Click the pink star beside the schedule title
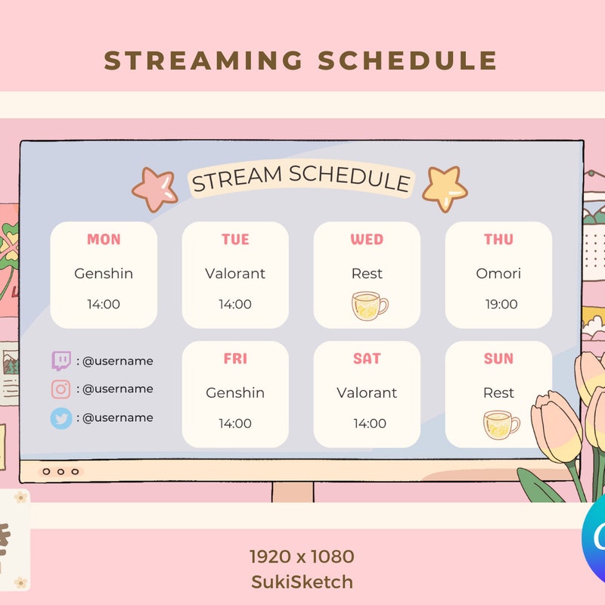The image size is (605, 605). (154, 189)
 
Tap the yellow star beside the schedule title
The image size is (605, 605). (444, 188)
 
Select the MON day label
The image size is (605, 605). (104, 240)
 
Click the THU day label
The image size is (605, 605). (498, 240)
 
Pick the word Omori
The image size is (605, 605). (498, 273)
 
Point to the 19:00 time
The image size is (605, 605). (501, 304)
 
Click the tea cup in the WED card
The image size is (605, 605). (369, 306)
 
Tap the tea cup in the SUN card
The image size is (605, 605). (501, 425)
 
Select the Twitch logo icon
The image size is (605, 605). (61, 361)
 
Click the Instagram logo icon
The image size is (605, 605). (61, 389)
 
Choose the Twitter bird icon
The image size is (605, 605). (61, 417)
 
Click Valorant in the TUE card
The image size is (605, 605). (235, 273)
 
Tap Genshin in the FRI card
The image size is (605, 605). (235, 392)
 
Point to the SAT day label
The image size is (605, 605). (367, 359)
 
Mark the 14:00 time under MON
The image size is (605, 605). (104, 304)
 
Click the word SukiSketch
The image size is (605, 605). (302, 582)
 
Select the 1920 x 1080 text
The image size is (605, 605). (302, 557)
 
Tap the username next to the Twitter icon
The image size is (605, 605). (117, 417)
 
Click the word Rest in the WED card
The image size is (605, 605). (367, 273)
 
